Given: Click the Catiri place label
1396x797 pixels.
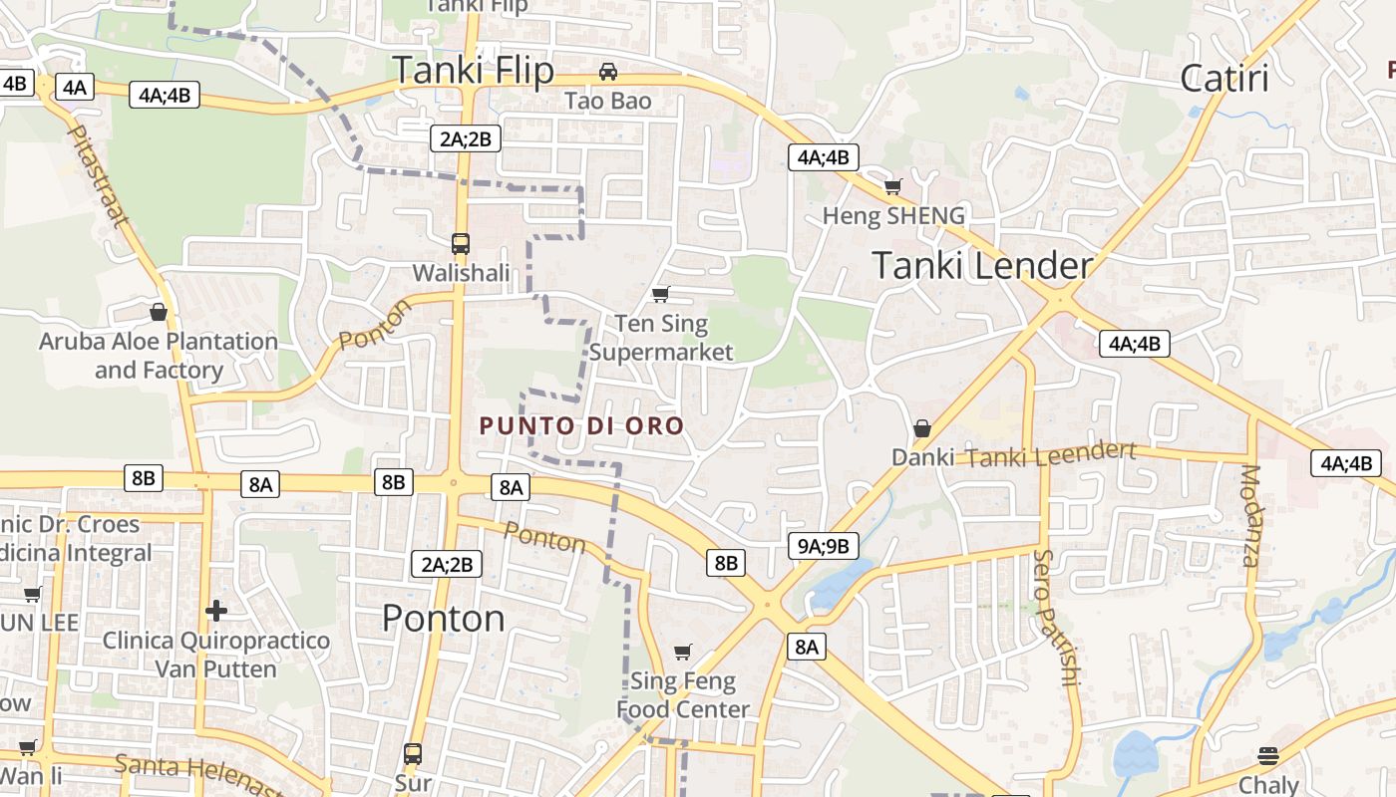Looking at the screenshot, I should (x=1224, y=78).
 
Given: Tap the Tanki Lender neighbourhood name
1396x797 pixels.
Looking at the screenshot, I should (x=982, y=265).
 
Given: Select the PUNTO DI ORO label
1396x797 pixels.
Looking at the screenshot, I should (x=581, y=426).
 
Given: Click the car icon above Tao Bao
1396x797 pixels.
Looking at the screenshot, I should (x=607, y=72).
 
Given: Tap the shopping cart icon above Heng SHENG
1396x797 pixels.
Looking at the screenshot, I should (x=893, y=186).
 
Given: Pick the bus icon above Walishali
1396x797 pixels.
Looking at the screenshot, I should (x=460, y=243).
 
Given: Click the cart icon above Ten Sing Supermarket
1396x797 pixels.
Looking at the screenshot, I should (x=660, y=294).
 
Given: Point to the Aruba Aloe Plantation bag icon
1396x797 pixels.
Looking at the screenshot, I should (x=158, y=312).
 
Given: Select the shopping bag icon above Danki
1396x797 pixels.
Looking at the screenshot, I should (x=922, y=428).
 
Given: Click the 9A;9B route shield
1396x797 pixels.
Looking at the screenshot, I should (x=824, y=546).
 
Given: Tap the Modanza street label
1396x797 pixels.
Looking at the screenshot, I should (x=1250, y=515).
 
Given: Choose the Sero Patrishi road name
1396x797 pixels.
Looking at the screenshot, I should (x=1057, y=618).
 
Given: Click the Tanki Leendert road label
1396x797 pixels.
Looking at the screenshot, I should (x=1051, y=455).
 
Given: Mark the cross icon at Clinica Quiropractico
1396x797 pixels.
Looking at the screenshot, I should (x=216, y=610).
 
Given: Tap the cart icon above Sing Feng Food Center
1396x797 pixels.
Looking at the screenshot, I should (x=683, y=652).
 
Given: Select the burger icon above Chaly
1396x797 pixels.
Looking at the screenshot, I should (x=1268, y=755).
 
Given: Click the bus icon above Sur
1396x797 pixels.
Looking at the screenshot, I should (x=413, y=753).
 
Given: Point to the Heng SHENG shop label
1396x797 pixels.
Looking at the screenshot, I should (x=893, y=216).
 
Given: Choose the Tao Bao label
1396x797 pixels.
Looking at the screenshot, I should (x=607, y=102).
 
